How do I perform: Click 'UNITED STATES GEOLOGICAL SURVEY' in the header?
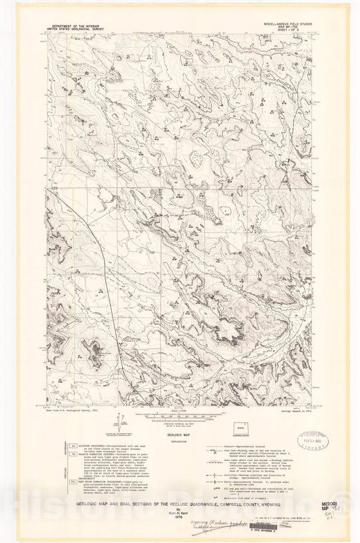click(74, 29)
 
